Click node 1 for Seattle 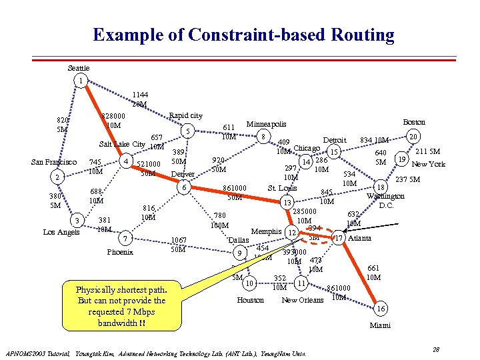pyautogui.click(x=80, y=81)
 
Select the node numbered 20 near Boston pyautogui.click(x=413, y=136)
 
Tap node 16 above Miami pyautogui.click(x=381, y=309)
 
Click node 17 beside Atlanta pyautogui.click(x=339, y=238)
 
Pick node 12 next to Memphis pyautogui.click(x=291, y=232)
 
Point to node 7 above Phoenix pyautogui.click(x=124, y=239)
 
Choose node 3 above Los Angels pyautogui.click(x=78, y=220)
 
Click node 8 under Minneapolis pyautogui.click(x=265, y=137)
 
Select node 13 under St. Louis pyautogui.click(x=287, y=203)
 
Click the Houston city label pyautogui.click(x=250, y=300)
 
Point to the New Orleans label pyautogui.click(x=303, y=300)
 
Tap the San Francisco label pyautogui.click(x=55, y=162)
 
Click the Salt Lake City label pyautogui.click(x=122, y=144)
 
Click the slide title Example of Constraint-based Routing pyautogui.click(x=243, y=35)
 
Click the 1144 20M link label pyautogui.click(x=139, y=99)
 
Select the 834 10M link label pyautogui.click(x=374, y=140)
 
